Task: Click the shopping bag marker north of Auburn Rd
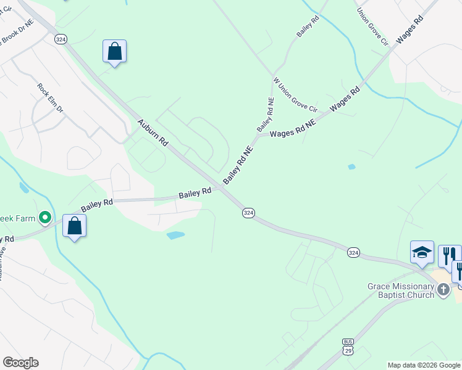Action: pos(115,51)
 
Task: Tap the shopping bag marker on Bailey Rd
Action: pos(74,226)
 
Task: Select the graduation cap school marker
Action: pos(422,252)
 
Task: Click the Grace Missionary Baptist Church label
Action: pos(401,290)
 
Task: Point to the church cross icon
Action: pos(443,290)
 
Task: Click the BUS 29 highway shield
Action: pos(348,346)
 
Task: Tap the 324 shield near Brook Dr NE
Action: pos(61,39)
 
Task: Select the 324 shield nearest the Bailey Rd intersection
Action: pos(248,212)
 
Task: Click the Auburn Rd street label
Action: pos(153,132)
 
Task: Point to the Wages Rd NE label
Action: pos(293,128)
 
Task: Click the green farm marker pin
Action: pos(44,217)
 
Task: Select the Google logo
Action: pos(20,363)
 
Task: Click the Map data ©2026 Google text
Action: pos(423,365)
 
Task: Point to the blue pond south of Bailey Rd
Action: pos(175,235)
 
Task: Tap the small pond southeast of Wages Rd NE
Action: pos(351,166)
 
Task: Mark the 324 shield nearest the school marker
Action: pos(353,253)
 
